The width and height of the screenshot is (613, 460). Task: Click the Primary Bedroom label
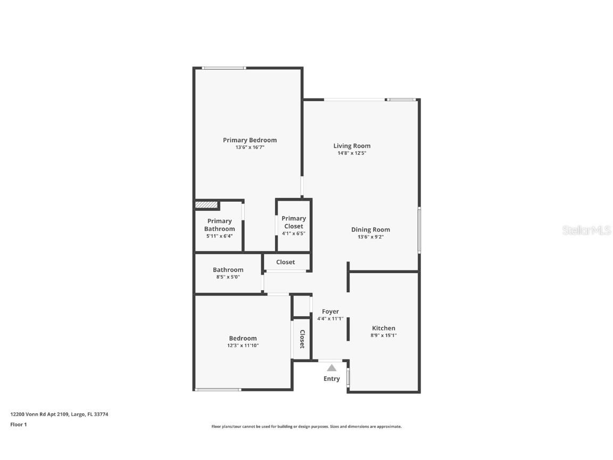250,140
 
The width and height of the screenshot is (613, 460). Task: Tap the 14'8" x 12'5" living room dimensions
352,153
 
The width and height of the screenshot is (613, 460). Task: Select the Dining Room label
370,229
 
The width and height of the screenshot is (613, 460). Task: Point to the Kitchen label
383,328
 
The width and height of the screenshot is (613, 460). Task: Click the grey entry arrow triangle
332,367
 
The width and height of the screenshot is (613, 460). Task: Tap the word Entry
332,379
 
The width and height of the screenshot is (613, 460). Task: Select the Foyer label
330,311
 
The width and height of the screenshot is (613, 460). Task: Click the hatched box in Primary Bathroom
206,204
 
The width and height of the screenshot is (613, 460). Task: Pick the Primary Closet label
294,222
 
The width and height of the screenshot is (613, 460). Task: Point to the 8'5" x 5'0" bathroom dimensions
228,277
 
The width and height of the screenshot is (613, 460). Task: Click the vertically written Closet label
302,339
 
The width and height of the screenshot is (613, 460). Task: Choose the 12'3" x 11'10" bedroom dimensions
243,346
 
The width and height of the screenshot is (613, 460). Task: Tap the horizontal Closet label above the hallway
285,262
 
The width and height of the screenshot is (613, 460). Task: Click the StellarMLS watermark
586,230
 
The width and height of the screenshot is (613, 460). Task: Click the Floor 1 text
18,424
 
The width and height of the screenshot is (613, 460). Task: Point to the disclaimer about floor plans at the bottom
306,426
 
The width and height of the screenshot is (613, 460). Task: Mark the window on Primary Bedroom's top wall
223,68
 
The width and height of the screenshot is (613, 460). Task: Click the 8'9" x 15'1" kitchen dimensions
383,335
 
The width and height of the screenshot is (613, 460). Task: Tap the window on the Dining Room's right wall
419,230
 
